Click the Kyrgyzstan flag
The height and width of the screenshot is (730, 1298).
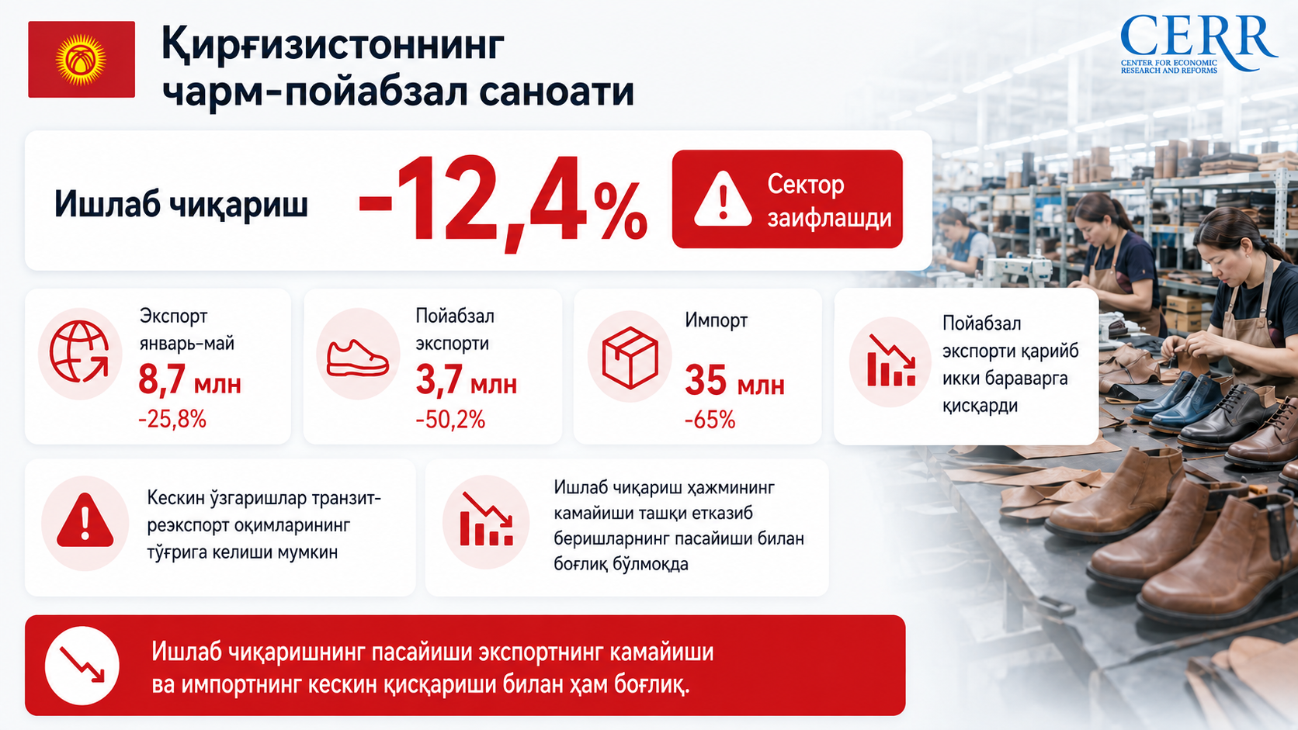[82, 60]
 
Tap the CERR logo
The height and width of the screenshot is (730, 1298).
[1198, 44]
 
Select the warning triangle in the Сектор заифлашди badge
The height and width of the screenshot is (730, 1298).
[723, 199]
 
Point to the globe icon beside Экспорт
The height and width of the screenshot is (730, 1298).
[79, 351]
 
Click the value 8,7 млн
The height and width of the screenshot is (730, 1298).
[189, 381]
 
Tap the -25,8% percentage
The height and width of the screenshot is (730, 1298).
[172, 419]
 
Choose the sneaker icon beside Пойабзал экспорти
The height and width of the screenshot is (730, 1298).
[358, 359]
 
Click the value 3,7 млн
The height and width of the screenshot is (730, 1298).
[467, 381]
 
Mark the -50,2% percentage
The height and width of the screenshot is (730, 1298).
[450, 419]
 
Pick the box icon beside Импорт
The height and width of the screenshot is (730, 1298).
[630, 358]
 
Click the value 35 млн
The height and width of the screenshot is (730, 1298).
[734, 382]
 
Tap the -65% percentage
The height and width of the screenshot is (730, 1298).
[710, 420]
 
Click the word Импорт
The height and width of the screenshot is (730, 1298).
[717, 320]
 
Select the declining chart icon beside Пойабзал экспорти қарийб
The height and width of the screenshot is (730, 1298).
[891, 361]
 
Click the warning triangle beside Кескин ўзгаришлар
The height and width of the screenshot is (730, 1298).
[85, 520]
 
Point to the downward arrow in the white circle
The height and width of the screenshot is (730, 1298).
[82, 665]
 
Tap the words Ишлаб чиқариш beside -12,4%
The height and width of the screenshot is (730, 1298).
[181, 204]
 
